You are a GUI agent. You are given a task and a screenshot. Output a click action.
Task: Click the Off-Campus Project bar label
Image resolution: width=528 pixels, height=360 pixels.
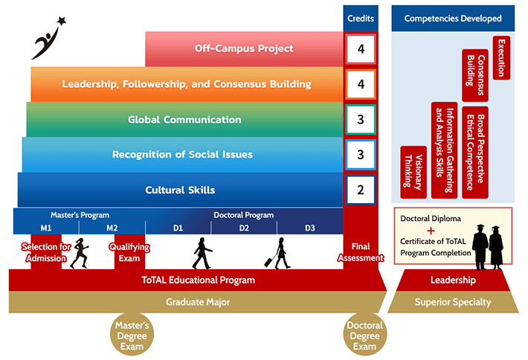click(244, 49)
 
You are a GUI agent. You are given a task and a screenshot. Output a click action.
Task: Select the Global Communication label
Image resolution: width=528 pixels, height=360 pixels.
click(184, 120)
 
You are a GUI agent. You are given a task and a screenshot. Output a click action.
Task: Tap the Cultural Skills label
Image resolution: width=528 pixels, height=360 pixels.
click(180, 190)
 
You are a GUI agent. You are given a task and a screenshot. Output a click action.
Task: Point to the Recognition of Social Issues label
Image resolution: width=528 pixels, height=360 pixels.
click(182, 155)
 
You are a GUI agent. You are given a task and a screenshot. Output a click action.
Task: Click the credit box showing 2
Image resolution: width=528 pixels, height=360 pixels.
click(361, 190)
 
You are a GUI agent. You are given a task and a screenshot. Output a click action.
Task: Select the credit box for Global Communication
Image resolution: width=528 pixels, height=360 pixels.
click(361, 120)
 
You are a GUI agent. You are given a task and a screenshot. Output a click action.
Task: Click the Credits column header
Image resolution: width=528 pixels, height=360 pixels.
click(361, 18)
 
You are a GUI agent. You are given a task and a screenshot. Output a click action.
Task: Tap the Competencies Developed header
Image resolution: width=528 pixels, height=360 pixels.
click(453, 18)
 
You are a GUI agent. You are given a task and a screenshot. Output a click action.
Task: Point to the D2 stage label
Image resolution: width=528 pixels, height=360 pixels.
click(244, 228)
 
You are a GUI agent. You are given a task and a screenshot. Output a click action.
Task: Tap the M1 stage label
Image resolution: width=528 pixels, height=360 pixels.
click(46, 228)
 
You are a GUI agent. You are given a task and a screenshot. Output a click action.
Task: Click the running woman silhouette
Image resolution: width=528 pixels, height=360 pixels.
click(80, 253)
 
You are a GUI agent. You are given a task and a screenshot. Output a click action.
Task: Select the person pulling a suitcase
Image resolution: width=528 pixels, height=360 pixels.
click(281, 253)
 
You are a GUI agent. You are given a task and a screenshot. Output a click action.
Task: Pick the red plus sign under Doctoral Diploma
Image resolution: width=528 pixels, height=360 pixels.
click(431, 231)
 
